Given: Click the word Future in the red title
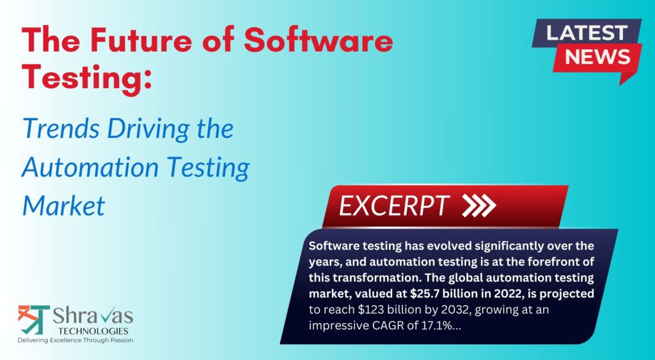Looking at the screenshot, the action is tap(140, 40).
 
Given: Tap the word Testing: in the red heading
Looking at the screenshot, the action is tap(87, 77).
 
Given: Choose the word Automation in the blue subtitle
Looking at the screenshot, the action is tap(90, 167).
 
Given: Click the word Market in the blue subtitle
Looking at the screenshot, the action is tap(64, 206).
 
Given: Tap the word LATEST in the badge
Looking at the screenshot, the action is tap(587, 33).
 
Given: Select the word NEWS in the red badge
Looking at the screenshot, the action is tap(598, 57).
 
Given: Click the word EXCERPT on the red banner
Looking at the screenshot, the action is tap(394, 206).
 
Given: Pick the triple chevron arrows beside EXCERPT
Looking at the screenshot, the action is tap(479, 206).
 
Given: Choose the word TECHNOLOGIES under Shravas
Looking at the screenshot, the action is tap(93, 331).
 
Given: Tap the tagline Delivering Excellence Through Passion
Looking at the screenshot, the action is tap(75, 340).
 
